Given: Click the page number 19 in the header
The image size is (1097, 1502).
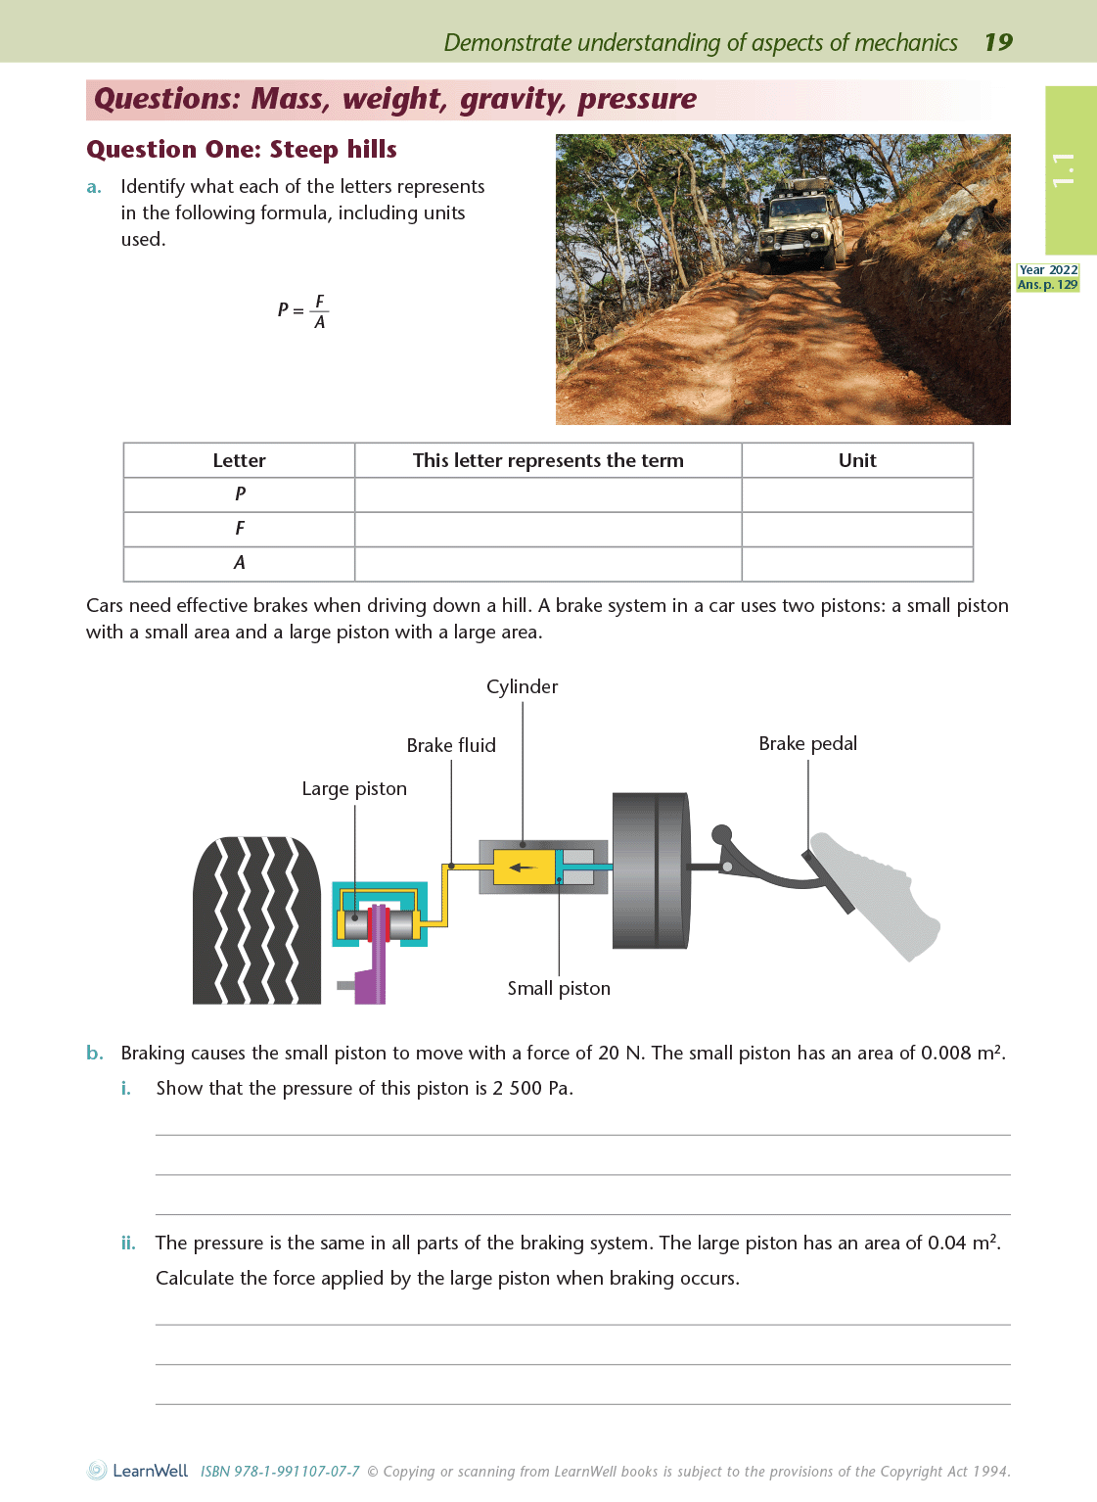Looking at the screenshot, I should click(998, 42).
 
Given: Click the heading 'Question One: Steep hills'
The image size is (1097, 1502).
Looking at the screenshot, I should click(242, 150).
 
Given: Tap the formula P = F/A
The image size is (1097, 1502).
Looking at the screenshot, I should click(302, 310).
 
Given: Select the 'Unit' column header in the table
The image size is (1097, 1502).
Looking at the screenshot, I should click(857, 460).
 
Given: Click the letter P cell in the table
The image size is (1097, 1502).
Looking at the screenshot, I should click(240, 494).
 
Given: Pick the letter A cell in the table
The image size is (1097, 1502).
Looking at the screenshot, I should click(240, 563).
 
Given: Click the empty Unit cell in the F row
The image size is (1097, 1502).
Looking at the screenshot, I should click(857, 529).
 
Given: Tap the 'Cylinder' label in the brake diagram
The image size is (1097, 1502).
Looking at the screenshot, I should click(522, 686).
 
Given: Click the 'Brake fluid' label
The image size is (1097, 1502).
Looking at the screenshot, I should click(451, 745).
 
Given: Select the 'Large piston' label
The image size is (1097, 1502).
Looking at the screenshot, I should click(354, 788).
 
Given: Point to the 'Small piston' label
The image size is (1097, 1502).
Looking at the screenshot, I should click(559, 988).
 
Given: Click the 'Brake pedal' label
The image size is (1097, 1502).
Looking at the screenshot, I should click(807, 743).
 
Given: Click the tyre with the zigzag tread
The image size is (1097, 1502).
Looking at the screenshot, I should click(256, 920).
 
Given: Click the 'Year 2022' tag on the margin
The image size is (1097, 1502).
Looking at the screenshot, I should click(1048, 270).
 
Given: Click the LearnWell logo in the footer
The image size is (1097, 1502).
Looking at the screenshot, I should click(138, 1471).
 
